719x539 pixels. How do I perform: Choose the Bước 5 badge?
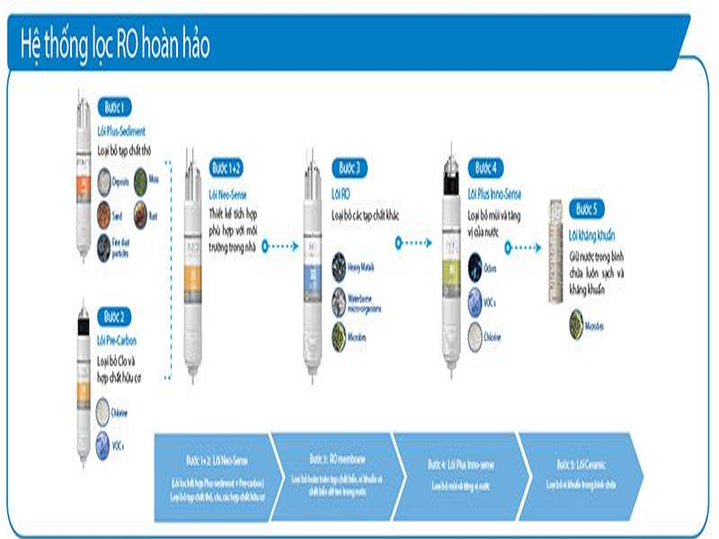[x=585, y=209]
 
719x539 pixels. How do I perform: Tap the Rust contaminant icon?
[x=140, y=213]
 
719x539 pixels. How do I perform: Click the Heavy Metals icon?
[x=339, y=263]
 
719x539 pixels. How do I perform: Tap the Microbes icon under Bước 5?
[x=576, y=322]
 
